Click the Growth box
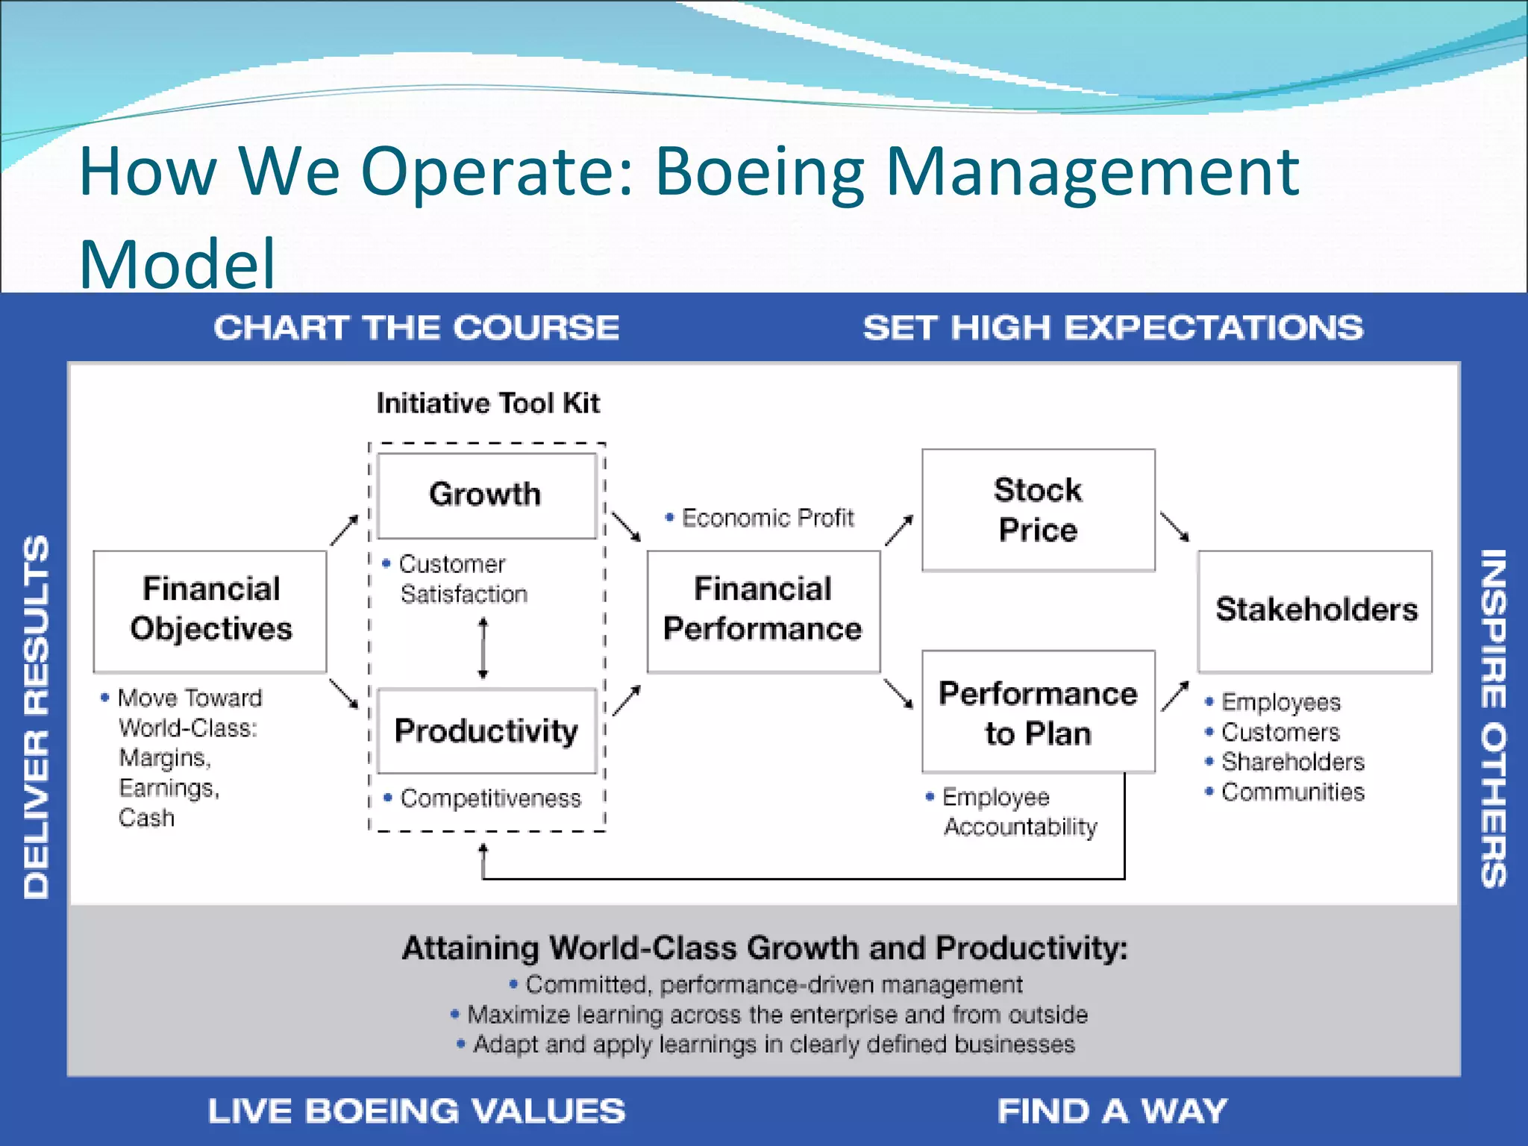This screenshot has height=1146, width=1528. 486,495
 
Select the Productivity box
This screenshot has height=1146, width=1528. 486,730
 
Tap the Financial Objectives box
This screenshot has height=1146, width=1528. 210,610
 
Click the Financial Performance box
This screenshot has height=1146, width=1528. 763,610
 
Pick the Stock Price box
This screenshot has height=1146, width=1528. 1038,510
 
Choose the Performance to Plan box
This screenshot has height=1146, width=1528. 1038,712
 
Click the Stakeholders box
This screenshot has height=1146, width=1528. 1315,610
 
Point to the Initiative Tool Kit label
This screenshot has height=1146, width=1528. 488,404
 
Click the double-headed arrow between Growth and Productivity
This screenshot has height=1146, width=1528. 483,648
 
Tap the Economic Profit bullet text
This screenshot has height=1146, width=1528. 767,518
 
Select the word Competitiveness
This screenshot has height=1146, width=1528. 490,798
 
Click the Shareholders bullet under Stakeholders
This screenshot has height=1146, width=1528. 1292,762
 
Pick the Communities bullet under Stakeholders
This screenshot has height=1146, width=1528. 1292,792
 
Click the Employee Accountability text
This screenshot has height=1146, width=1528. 1019,812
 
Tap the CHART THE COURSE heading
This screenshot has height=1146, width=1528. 416,328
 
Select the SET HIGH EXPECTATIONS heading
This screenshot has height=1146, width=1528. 1112,328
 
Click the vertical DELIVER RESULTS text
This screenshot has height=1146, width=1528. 37,716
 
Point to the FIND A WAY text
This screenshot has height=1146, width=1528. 1112,1111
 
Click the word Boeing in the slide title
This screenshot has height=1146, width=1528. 759,172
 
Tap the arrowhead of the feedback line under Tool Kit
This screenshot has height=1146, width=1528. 483,849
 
